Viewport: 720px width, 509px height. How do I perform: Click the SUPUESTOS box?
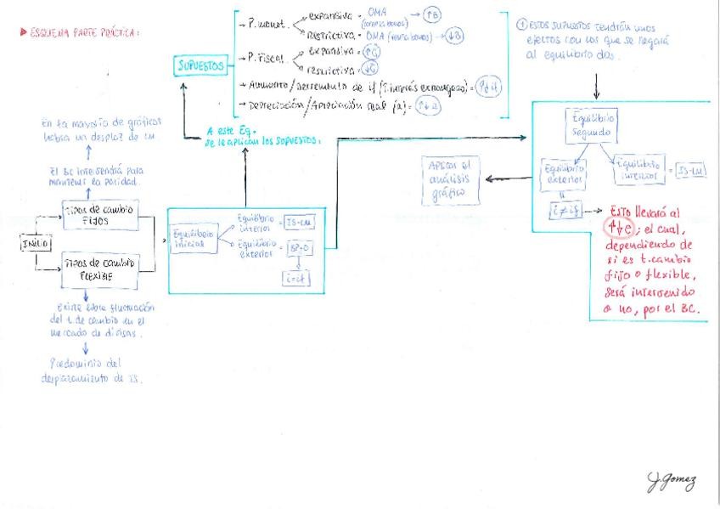[x=201, y=65]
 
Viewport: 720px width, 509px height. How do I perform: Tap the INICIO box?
[x=36, y=244]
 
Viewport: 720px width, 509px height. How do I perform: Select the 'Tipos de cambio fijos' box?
[x=99, y=216]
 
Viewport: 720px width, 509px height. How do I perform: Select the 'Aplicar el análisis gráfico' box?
[x=449, y=180]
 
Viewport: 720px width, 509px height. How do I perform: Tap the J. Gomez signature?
[x=672, y=482]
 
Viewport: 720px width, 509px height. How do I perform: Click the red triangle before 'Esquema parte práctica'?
[x=23, y=33]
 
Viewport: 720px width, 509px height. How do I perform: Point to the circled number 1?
[x=520, y=25]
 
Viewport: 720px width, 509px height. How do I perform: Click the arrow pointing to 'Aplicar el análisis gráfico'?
[x=506, y=178]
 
